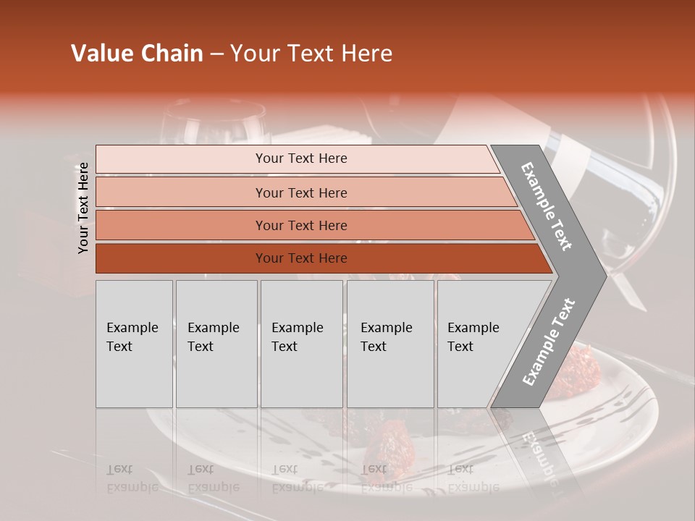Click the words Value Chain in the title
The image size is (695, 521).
coord(137,54)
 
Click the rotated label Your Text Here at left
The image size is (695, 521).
coord(83,208)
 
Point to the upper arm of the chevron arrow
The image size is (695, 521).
coord(547,206)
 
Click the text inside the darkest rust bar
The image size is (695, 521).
coord(301,258)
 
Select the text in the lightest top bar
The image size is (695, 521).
coord(301,158)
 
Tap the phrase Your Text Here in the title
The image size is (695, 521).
coord(311,54)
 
